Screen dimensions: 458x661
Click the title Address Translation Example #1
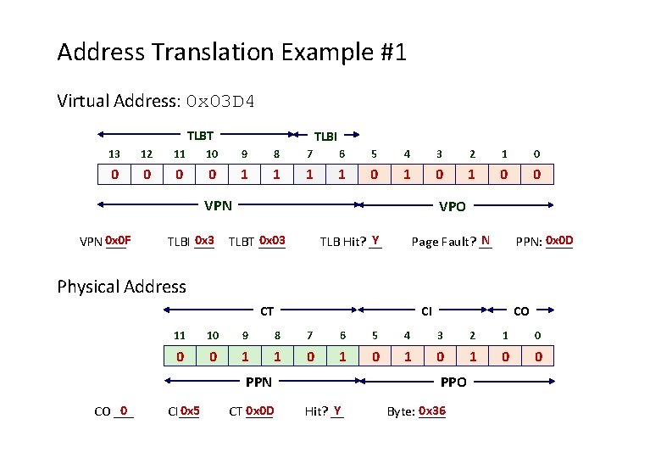[x=231, y=53]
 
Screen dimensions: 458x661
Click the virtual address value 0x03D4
[x=220, y=102]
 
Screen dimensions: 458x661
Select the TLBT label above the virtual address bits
[x=200, y=134]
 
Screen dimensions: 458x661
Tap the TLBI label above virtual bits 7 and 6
[x=326, y=136]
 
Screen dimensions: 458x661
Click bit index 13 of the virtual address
[x=114, y=154]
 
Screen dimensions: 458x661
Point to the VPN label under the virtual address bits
[x=218, y=204]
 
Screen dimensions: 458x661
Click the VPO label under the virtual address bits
[x=452, y=205]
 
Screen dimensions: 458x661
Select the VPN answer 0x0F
[x=118, y=240]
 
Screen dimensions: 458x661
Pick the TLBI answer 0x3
[x=204, y=240]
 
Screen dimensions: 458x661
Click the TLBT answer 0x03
[x=273, y=240]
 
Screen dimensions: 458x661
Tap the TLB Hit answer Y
[x=375, y=240]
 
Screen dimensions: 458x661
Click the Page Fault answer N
[x=486, y=240]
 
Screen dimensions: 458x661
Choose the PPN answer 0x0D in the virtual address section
[x=559, y=240]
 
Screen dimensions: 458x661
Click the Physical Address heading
[x=121, y=287]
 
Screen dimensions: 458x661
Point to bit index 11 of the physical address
[x=180, y=335]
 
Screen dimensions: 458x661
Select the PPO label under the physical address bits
[x=454, y=383]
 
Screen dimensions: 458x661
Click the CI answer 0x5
[x=190, y=411]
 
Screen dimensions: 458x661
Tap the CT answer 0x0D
[x=259, y=411]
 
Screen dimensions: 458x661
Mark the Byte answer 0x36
[x=432, y=411]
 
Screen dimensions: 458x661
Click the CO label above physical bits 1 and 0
[x=521, y=311]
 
